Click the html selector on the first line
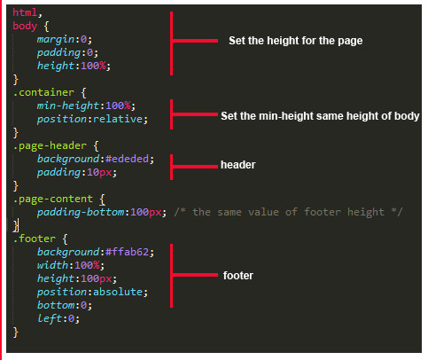25,12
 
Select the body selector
25,26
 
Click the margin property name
56,39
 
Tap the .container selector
43,92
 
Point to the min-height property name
68,106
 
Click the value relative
118,119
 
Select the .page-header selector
50,146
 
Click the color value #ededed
127,159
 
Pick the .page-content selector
53,200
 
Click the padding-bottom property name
81,213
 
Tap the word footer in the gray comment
323,212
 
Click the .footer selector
35,239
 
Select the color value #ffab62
127,252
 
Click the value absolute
118,292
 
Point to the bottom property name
56,305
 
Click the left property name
50,318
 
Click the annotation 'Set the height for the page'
296,41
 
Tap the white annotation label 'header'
237,165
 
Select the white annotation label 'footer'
238,276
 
